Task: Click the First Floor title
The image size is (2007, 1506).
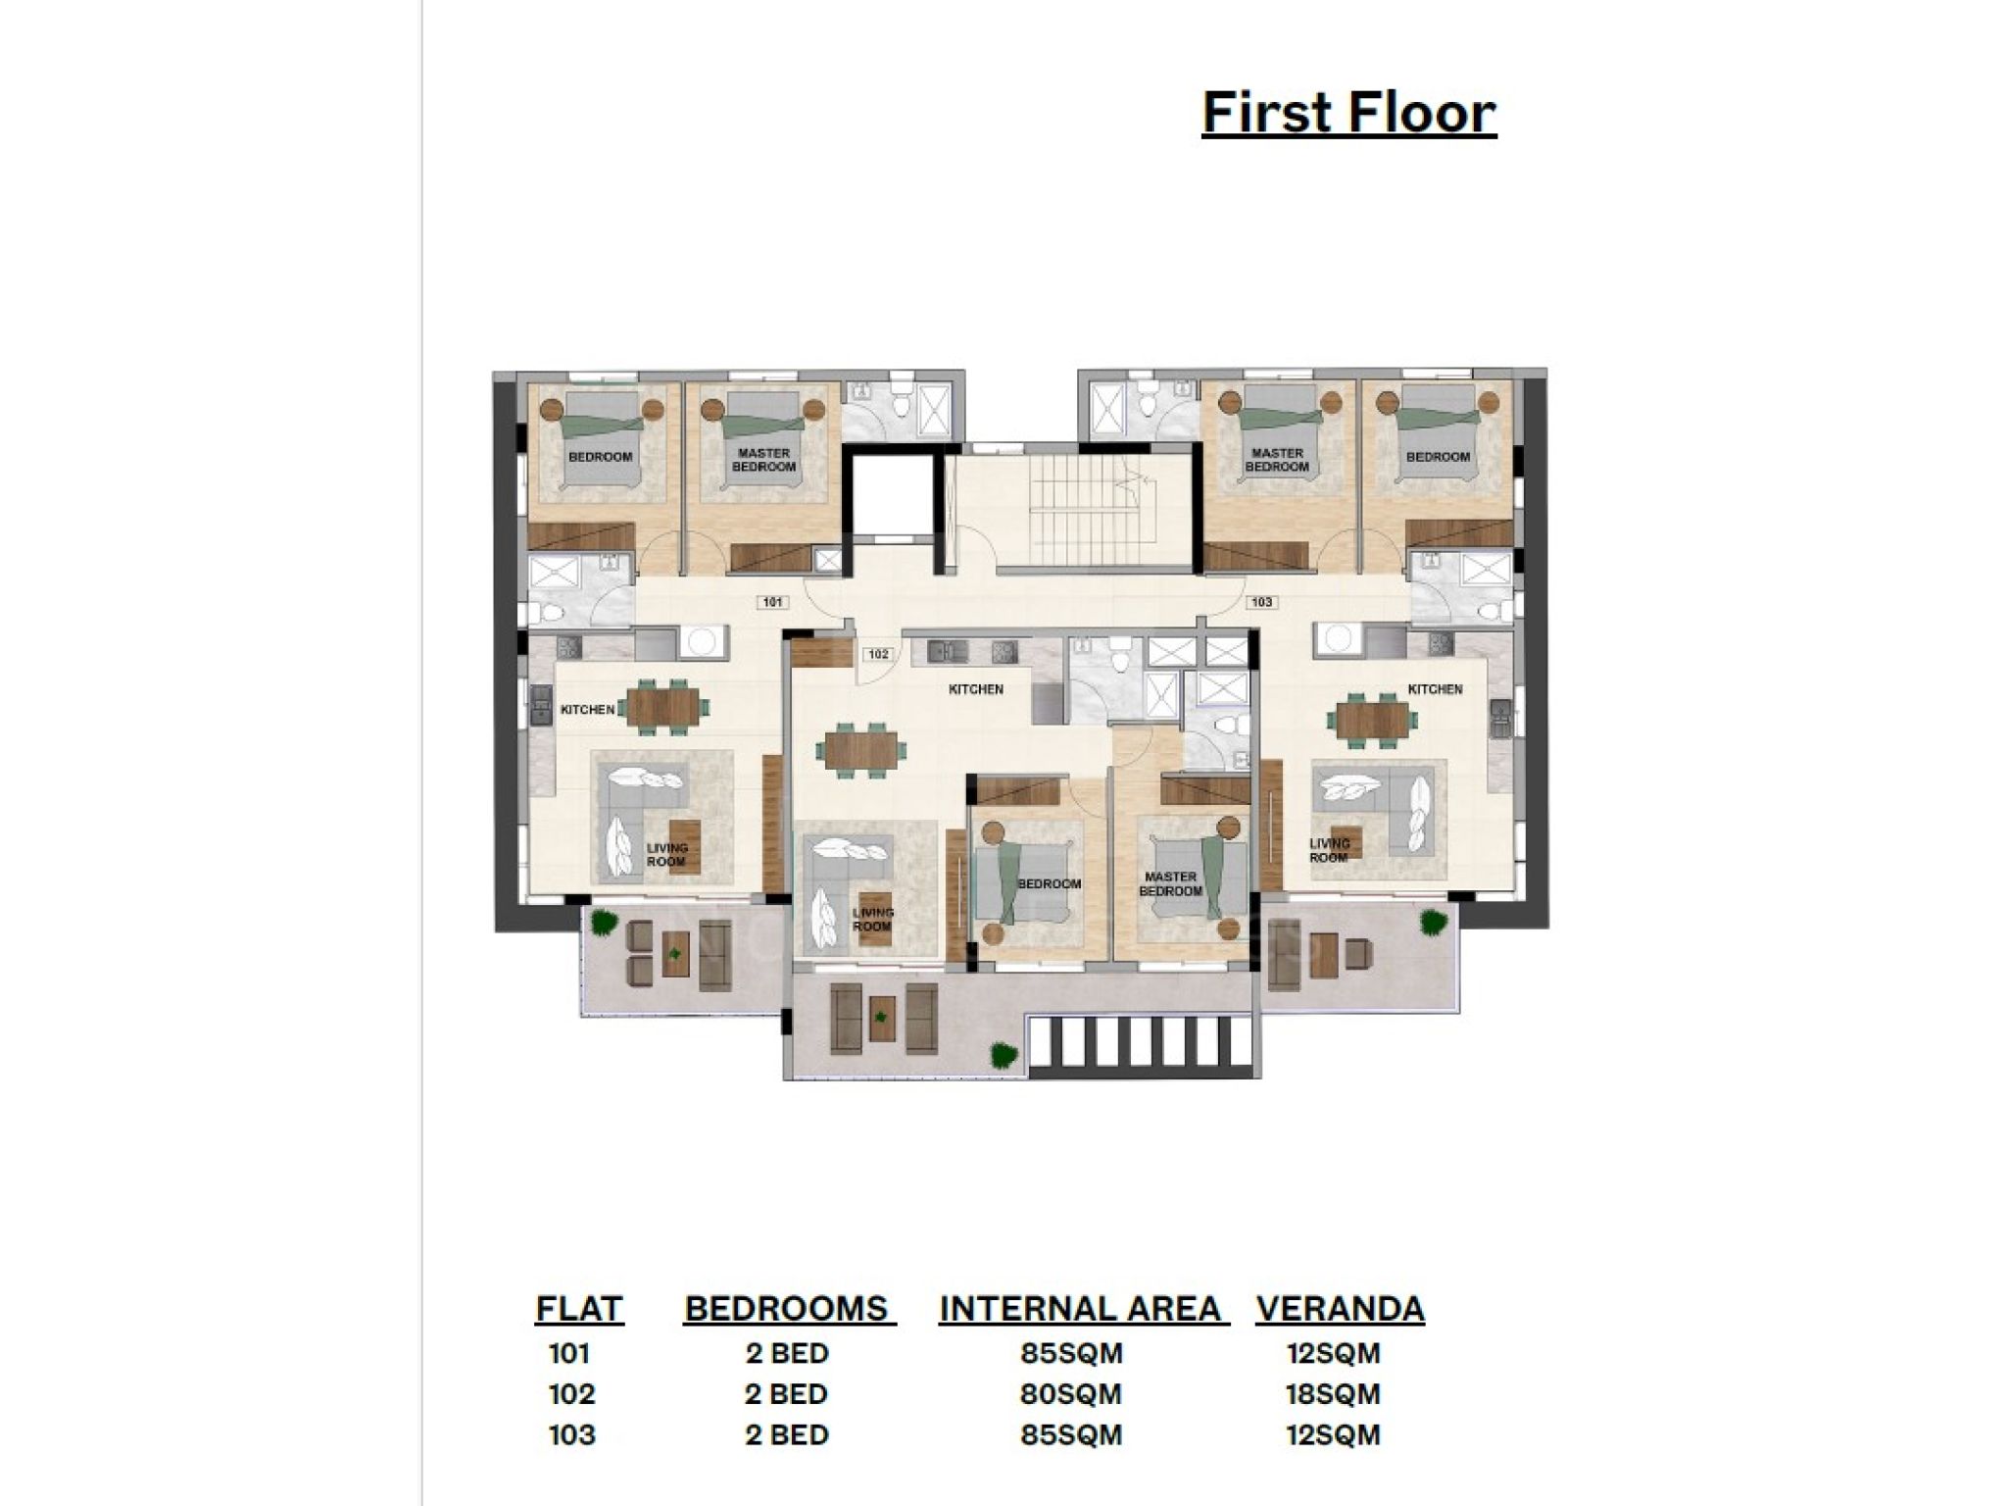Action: (1348, 113)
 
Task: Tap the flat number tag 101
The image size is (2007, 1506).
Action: (772, 602)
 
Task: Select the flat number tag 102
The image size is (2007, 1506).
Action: (878, 654)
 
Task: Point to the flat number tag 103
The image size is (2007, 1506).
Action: (1261, 602)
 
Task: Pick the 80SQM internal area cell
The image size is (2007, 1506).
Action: (1071, 1394)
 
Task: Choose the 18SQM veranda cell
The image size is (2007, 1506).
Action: (1333, 1394)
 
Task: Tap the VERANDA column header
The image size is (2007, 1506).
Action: (1340, 1309)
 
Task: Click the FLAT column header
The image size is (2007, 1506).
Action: (579, 1309)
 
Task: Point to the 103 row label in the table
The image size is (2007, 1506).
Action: (572, 1435)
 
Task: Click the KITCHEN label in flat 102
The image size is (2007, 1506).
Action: (976, 689)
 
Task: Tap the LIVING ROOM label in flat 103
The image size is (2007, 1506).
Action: (1330, 850)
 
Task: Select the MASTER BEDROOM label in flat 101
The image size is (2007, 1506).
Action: (764, 461)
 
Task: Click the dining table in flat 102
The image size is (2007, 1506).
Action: (860, 751)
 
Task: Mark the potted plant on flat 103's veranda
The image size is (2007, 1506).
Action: (1434, 922)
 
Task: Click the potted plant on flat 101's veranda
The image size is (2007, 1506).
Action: (607, 922)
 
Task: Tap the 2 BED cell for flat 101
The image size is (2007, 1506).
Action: (787, 1354)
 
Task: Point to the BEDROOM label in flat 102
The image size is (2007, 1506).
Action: (1049, 883)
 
